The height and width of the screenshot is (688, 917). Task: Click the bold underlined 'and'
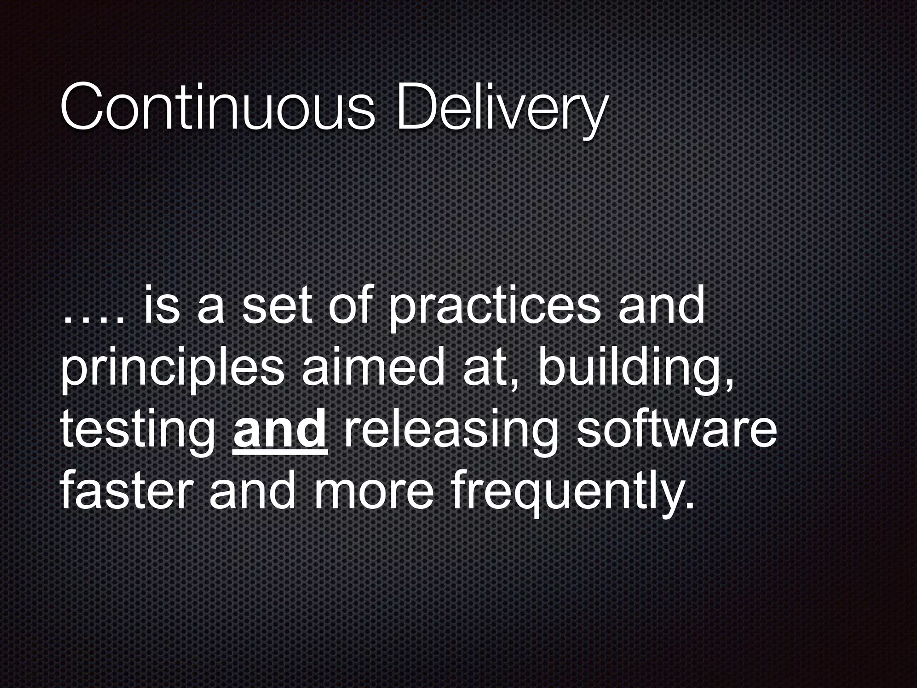coord(280,430)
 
